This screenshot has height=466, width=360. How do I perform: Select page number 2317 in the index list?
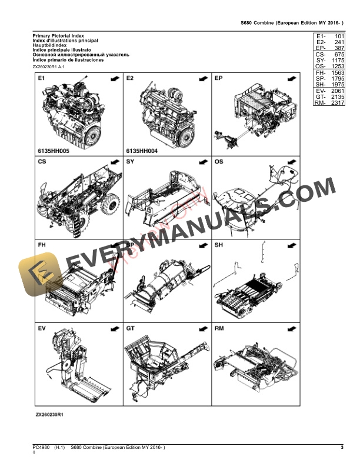[337, 103]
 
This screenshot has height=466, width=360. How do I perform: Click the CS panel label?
[42, 161]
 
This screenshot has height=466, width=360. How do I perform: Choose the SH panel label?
[218, 244]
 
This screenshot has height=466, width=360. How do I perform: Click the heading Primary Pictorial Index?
[58, 36]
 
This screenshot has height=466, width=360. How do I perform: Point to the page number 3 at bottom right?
[342, 449]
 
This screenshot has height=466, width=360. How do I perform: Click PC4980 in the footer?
[42, 449]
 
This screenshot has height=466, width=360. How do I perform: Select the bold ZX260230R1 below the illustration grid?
[49, 415]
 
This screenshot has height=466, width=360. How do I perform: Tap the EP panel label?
[218, 78]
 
